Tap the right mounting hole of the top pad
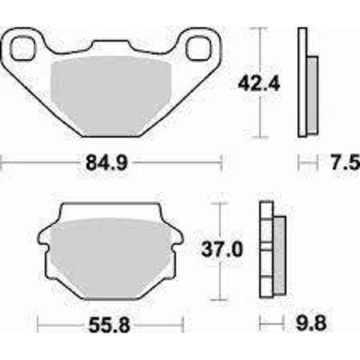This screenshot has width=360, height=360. click(201, 49)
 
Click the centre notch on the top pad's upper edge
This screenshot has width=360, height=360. click(112, 46)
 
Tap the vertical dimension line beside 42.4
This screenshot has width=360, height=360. click(259, 82)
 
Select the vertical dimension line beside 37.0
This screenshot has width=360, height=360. click(218, 250)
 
